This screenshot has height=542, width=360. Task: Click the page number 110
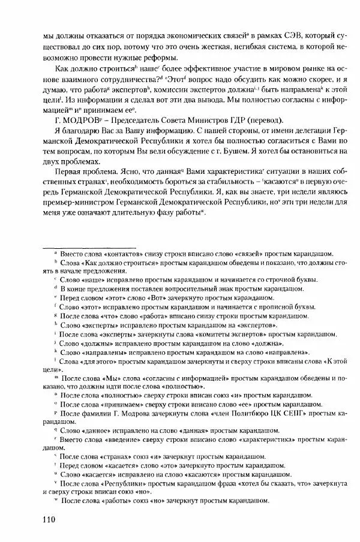49,519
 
